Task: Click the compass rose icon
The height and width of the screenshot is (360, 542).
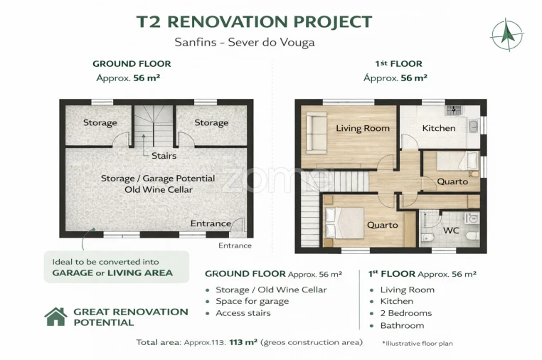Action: coord(506,35)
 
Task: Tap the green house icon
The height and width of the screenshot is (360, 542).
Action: coord(55,317)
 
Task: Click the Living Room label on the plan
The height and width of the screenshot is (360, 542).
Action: coord(363,128)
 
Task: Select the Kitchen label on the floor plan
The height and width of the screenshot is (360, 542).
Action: coord(439,128)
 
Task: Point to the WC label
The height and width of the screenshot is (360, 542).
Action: coord(451,231)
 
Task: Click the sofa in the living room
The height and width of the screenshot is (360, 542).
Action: coord(317,133)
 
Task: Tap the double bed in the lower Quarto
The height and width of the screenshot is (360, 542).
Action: coord(344,223)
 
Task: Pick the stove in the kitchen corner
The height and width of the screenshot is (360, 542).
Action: coord(453,110)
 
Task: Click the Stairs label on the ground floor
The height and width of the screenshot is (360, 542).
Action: coord(164,156)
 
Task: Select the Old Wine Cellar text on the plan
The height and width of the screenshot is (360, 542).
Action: coord(159,189)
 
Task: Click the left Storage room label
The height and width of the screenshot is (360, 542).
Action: coord(100,123)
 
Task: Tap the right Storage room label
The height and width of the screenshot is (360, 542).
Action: coord(211,123)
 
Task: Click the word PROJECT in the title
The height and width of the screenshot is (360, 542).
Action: coord(333,21)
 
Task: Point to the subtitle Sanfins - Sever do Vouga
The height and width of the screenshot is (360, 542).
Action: coord(245,42)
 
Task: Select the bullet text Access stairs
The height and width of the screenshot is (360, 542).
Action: coord(243,313)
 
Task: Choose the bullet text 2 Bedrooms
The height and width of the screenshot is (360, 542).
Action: coord(406,313)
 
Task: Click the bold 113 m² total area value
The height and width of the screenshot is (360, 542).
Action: coord(243,342)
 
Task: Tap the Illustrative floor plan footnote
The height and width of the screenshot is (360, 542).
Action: coord(418,344)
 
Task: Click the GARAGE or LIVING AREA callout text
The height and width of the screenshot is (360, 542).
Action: coord(112,273)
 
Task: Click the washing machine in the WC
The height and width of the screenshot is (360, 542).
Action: coord(472,218)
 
